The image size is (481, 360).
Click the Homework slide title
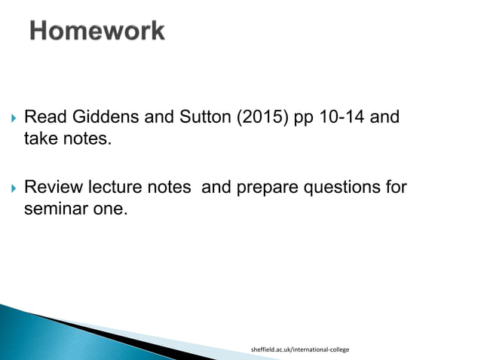(97, 31)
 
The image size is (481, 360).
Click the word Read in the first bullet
(42, 118)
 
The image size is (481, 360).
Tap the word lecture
(114, 187)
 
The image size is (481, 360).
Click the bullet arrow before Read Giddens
(10, 119)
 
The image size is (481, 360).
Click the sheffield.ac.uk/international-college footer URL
(299, 350)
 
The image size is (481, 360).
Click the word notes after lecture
(169, 187)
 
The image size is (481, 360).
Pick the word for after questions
(394, 187)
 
